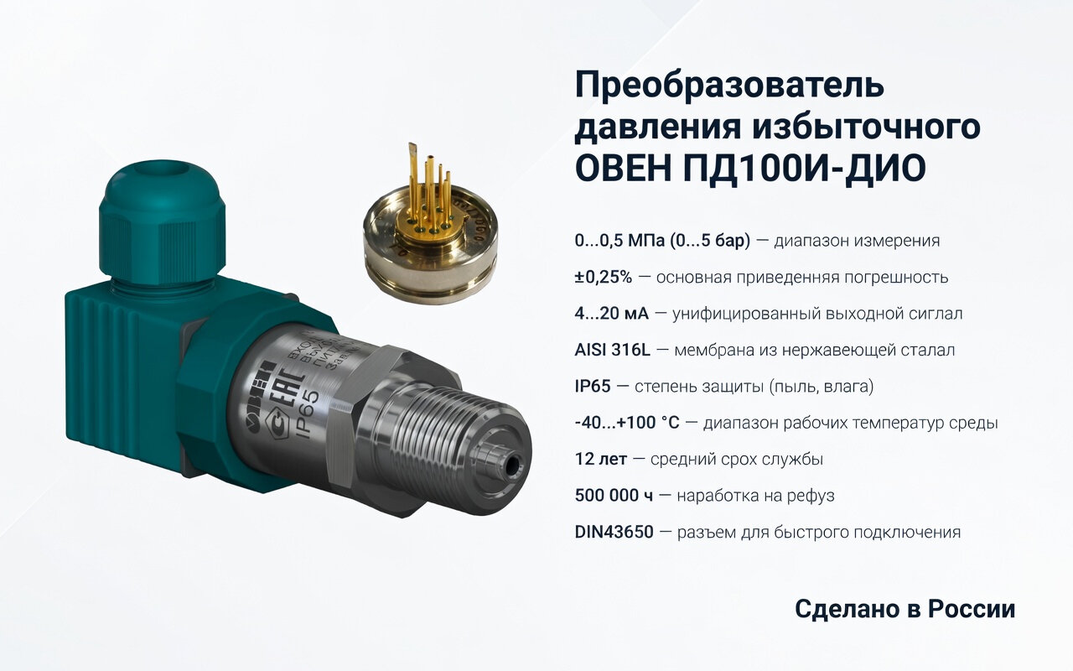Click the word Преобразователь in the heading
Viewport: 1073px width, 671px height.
coord(729,87)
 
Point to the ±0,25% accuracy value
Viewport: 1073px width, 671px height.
coord(604,277)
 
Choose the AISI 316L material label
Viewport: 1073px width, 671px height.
coord(613,350)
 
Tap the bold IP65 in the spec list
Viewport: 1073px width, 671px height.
coord(594,387)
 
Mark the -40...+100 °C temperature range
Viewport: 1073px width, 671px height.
coord(627,423)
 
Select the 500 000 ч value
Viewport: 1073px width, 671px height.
coord(614,496)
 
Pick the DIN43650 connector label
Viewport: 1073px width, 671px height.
coord(614,533)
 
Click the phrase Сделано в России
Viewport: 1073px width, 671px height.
coord(905,610)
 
